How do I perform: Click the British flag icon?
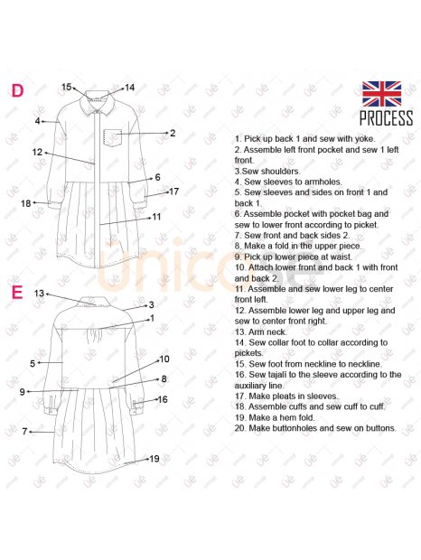coord(382,94)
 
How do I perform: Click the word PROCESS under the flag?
coord(386,118)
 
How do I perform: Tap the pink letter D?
coord(17,90)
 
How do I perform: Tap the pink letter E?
coord(17,292)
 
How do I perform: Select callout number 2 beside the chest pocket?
coord(173,133)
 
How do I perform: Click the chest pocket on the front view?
coord(113,136)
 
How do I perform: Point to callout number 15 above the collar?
coord(67,87)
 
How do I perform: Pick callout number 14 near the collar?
coord(129,88)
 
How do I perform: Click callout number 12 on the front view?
coord(37,152)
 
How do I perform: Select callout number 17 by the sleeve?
coord(173,191)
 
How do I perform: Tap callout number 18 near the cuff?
coord(25,203)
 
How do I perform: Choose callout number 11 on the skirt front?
coord(156,217)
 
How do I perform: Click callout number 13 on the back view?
coord(39,294)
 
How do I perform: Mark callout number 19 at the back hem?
coord(154,459)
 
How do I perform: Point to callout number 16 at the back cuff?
coord(163,399)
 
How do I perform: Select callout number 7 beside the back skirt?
coord(24,432)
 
